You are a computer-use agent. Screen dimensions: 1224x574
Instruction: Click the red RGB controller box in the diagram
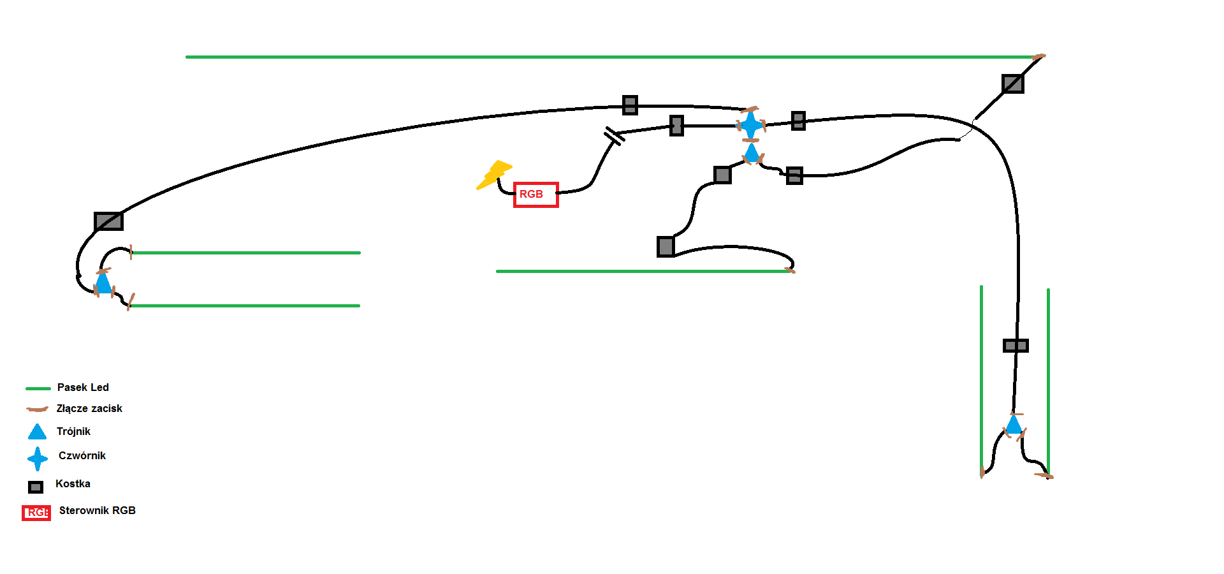click(x=536, y=195)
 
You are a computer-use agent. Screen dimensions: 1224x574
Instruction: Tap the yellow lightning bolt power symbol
click(x=495, y=175)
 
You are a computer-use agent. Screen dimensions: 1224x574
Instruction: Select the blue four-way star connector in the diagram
click(x=751, y=125)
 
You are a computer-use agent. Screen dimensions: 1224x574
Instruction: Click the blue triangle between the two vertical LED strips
click(x=1014, y=425)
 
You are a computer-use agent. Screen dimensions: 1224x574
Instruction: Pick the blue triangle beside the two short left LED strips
click(x=103, y=283)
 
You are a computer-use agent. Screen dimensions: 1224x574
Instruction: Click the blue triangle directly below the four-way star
click(x=752, y=152)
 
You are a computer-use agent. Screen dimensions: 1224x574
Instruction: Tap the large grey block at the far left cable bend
click(x=108, y=221)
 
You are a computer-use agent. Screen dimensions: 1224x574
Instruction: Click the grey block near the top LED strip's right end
click(x=1012, y=84)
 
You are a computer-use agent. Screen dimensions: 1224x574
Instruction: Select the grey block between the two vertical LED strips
click(x=1016, y=346)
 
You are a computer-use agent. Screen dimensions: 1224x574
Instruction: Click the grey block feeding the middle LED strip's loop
click(x=666, y=246)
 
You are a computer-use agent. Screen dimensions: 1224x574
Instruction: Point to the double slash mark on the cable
click(x=614, y=136)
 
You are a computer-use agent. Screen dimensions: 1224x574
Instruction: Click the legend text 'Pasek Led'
click(x=83, y=387)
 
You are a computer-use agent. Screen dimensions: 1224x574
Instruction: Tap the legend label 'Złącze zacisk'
click(x=89, y=408)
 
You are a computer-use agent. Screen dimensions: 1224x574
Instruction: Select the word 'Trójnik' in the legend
click(x=73, y=431)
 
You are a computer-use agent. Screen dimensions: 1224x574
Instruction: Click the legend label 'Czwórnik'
click(x=82, y=455)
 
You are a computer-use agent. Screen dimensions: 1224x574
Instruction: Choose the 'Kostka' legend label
click(x=73, y=483)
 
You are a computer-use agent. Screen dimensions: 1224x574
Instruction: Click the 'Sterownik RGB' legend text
click(x=98, y=510)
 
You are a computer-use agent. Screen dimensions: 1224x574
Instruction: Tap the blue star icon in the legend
click(x=38, y=459)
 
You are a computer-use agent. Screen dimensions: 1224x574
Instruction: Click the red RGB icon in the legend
click(x=36, y=513)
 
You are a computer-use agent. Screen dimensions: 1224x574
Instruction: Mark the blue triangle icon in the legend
click(x=38, y=432)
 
